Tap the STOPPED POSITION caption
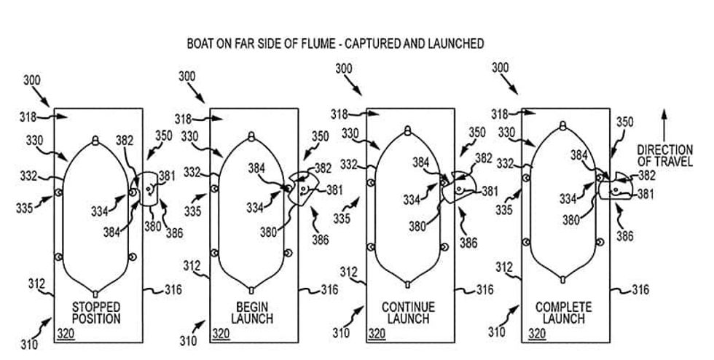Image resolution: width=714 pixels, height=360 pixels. [x=96, y=312]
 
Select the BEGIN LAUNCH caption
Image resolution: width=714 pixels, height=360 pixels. [x=253, y=312]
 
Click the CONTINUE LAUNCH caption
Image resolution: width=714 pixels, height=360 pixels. [x=408, y=312]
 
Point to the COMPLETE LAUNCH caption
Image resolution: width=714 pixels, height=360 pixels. [x=564, y=312]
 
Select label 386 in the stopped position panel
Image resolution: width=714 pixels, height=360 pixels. [x=174, y=232]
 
